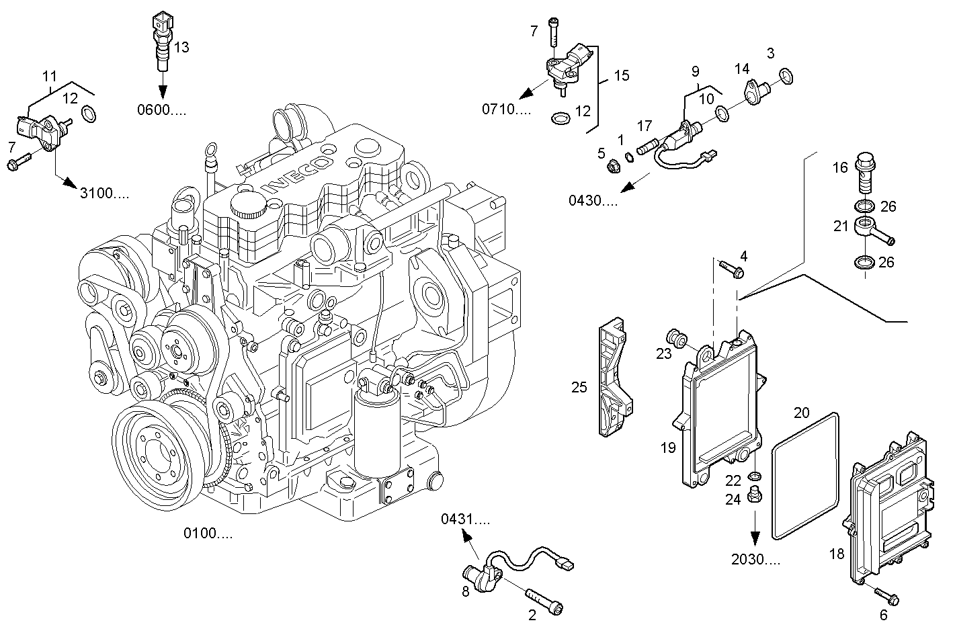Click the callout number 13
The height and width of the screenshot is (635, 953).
point(181,47)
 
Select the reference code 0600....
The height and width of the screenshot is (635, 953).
point(161,110)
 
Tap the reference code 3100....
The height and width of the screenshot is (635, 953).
point(104,194)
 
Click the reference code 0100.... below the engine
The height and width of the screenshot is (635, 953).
point(208,534)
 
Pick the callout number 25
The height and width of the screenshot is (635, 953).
point(579,387)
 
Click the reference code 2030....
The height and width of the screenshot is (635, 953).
point(755,559)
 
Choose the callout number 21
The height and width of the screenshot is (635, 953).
point(841,226)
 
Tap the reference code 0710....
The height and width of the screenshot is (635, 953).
point(506,109)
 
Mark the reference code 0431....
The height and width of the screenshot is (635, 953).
point(465,519)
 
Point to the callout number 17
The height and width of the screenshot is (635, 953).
point(645,126)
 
